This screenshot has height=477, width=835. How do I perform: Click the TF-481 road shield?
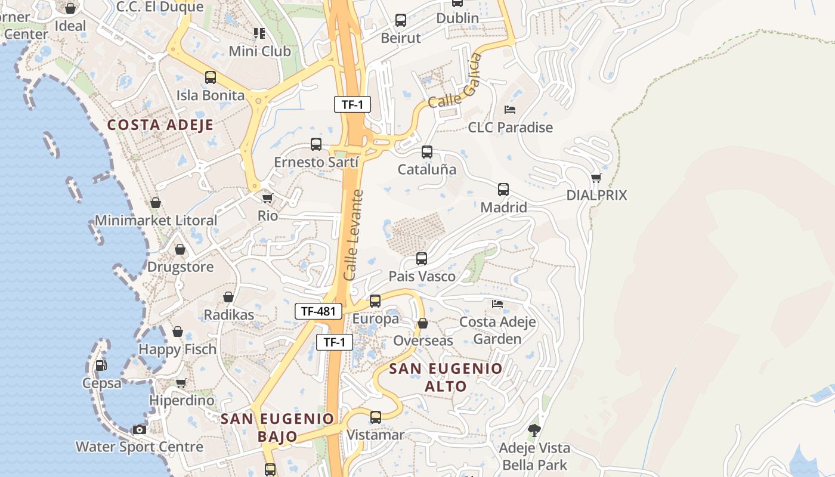pyautogui.click(x=318, y=311)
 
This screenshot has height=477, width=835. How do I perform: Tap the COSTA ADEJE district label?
pyautogui.click(x=160, y=125)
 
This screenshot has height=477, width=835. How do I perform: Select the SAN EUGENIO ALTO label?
pyautogui.click(x=446, y=377)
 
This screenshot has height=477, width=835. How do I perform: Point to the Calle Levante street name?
pyautogui.click(x=354, y=235)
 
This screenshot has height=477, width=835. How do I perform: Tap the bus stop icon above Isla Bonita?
pyautogui.click(x=211, y=78)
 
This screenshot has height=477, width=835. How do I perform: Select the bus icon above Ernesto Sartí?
pyautogui.click(x=316, y=144)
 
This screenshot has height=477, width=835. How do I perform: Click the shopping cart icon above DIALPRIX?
pyautogui.click(x=596, y=178)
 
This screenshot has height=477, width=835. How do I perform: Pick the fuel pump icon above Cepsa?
pyautogui.click(x=101, y=365)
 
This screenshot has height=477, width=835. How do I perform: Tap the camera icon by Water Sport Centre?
pyautogui.click(x=140, y=429)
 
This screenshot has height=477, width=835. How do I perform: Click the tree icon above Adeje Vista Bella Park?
pyautogui.click(x=534, y=430)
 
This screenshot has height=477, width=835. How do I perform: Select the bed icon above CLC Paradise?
pyautogui.click(x=510, y=110)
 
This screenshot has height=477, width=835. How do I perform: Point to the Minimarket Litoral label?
pyautogui.click(x=156, y=221)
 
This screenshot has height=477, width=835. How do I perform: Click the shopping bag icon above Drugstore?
pyautogui.click(x=180, y=249)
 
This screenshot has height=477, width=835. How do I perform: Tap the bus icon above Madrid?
pyautogui.click(x=503, y=190)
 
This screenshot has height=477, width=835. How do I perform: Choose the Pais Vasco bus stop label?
pyautogui.click(x=422, y=277)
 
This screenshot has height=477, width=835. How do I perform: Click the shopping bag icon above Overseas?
pyautogui.click(x=423, y=323)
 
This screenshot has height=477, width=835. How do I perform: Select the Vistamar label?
pyautogui.click(x=375, y=435)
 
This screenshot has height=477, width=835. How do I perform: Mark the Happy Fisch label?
pyautogui.click(x=177, y=349)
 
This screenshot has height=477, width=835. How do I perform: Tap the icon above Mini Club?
pyautogui.click(x=259, y=33)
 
